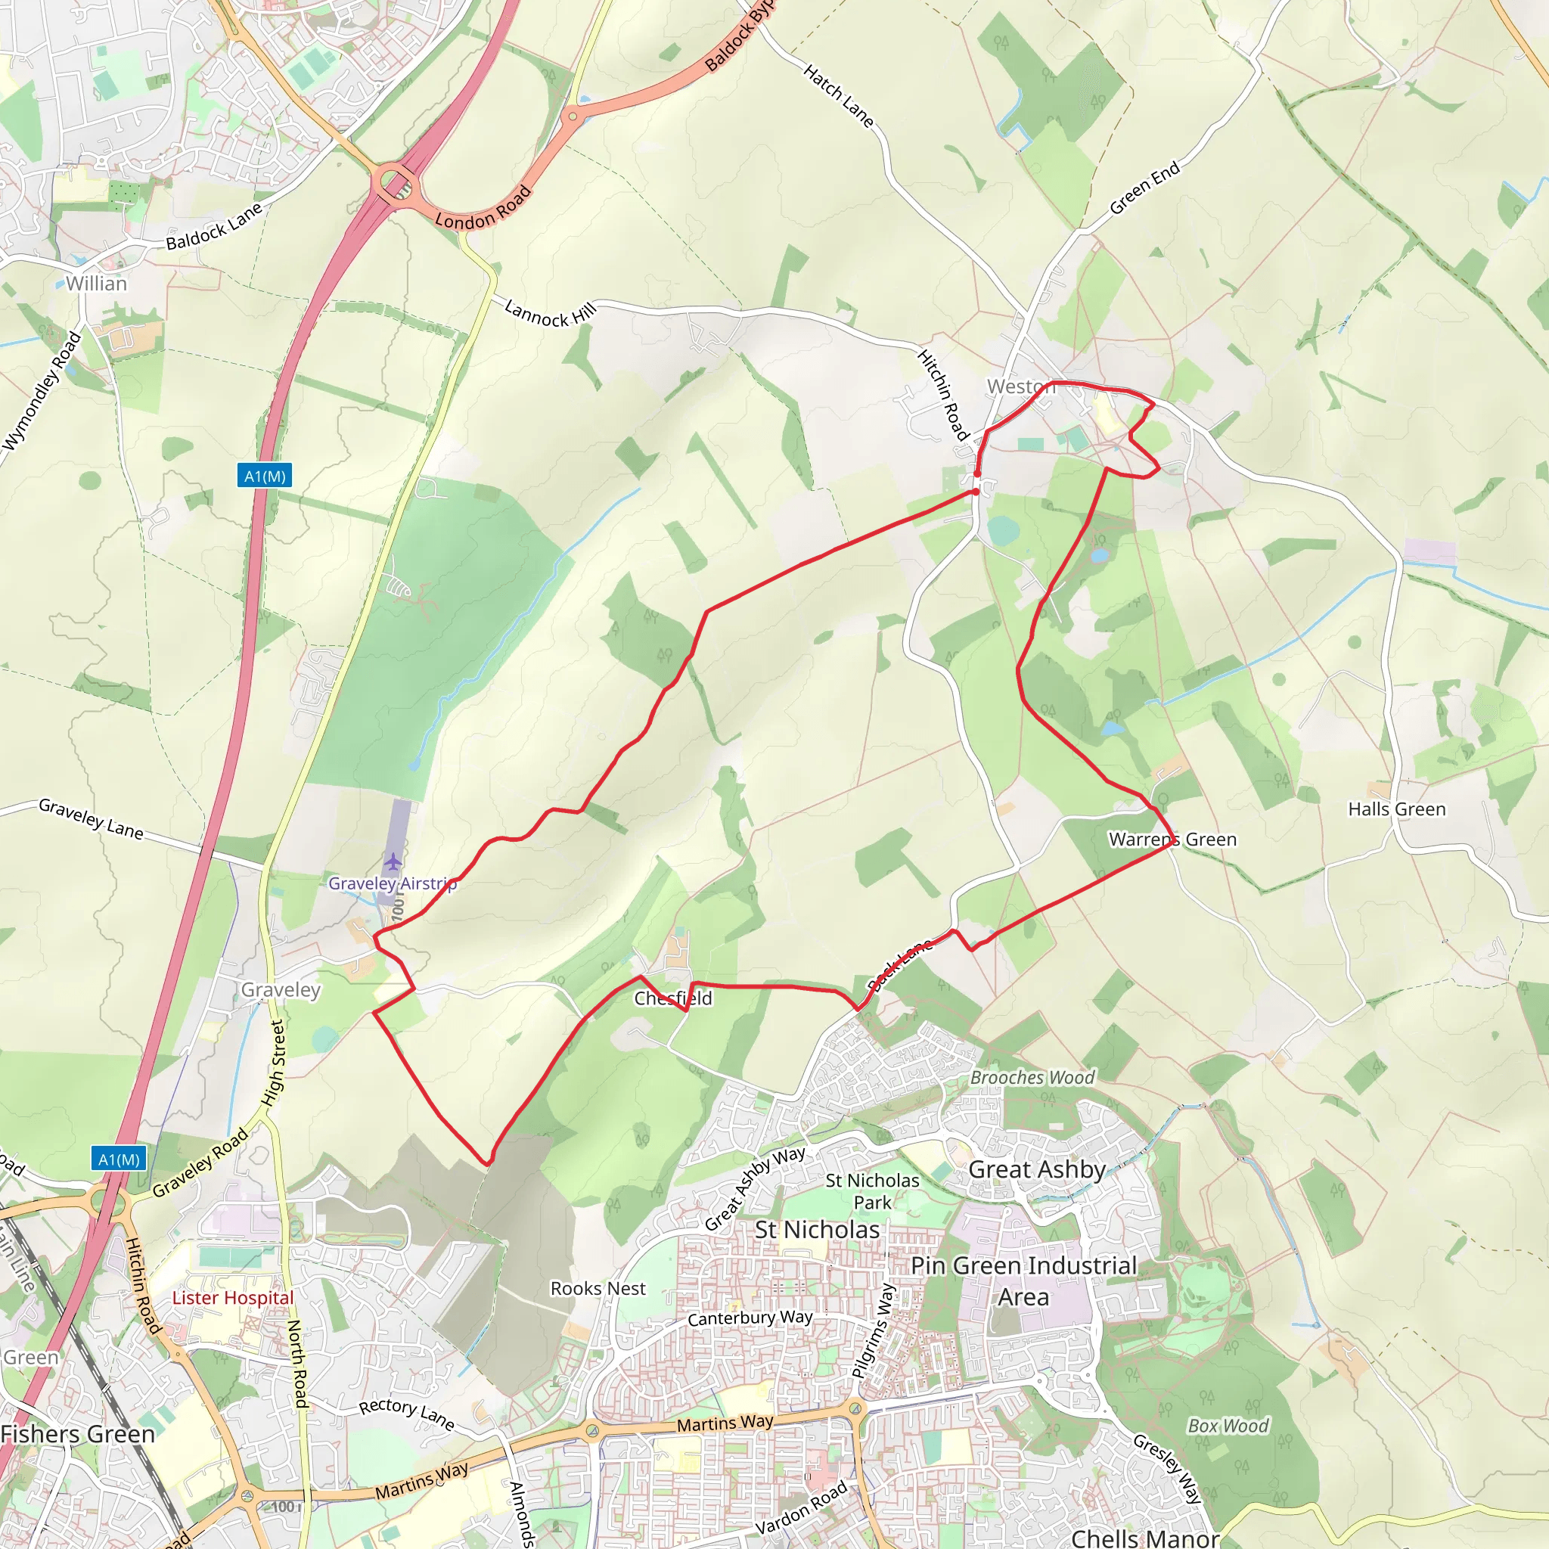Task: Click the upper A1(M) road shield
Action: click(x=265, y=476)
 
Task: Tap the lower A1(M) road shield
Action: click(x=119, y=1159)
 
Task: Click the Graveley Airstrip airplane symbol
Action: click(x=392, y=862)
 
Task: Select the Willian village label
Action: click(x=96, y=284)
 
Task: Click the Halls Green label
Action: click(x=1397, y=809)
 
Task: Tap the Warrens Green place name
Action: click(x=1172, y=840)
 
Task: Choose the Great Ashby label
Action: click(x=1037, y=1169)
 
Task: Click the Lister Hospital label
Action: click(x=233, y=1297)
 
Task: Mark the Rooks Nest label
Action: click(x=598, y=1287)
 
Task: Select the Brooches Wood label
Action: click(x=1032, y=1078)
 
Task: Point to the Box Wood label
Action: click(x=1228, y=1426)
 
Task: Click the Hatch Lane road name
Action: click(x=838, y=96)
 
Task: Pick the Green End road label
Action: click(x=1144, y=188)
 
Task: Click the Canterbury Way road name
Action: click(x=750, y=1318)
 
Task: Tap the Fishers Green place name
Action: click(x=78, y=1433)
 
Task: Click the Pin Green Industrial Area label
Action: click(x=1024, y=1280)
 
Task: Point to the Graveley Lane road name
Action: click(x=91, y=818)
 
